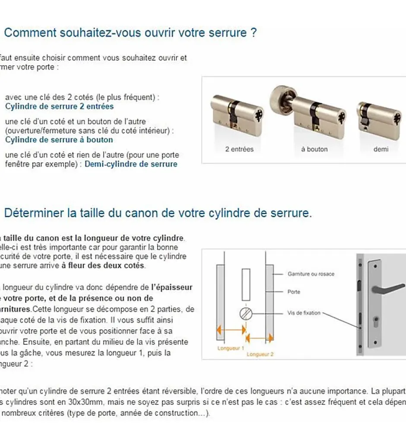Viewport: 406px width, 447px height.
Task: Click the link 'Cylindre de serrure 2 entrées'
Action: [59, 106]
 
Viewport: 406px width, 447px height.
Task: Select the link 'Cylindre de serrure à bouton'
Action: [59, 140]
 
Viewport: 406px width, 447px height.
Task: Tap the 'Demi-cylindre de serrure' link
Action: [131, 164]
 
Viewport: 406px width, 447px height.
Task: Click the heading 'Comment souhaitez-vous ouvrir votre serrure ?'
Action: [130, 33]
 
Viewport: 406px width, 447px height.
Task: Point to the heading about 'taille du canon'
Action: [158, 213]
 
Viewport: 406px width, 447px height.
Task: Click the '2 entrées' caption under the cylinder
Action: [239, 149]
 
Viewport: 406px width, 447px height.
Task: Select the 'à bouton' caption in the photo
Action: [314, 149]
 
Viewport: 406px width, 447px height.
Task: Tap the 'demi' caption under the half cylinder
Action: [381, 149]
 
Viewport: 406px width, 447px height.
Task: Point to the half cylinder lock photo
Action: [379, 117]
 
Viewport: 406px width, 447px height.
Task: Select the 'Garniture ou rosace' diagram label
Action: [311, 274]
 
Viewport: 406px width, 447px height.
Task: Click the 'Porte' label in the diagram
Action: [294, 292]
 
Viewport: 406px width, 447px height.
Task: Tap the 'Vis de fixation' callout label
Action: [304, 313]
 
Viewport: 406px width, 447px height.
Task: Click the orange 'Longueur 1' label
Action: [231, 348]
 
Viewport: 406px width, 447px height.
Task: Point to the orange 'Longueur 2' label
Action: [260, 354]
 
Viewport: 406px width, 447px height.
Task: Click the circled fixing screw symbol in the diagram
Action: [245, 313]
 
